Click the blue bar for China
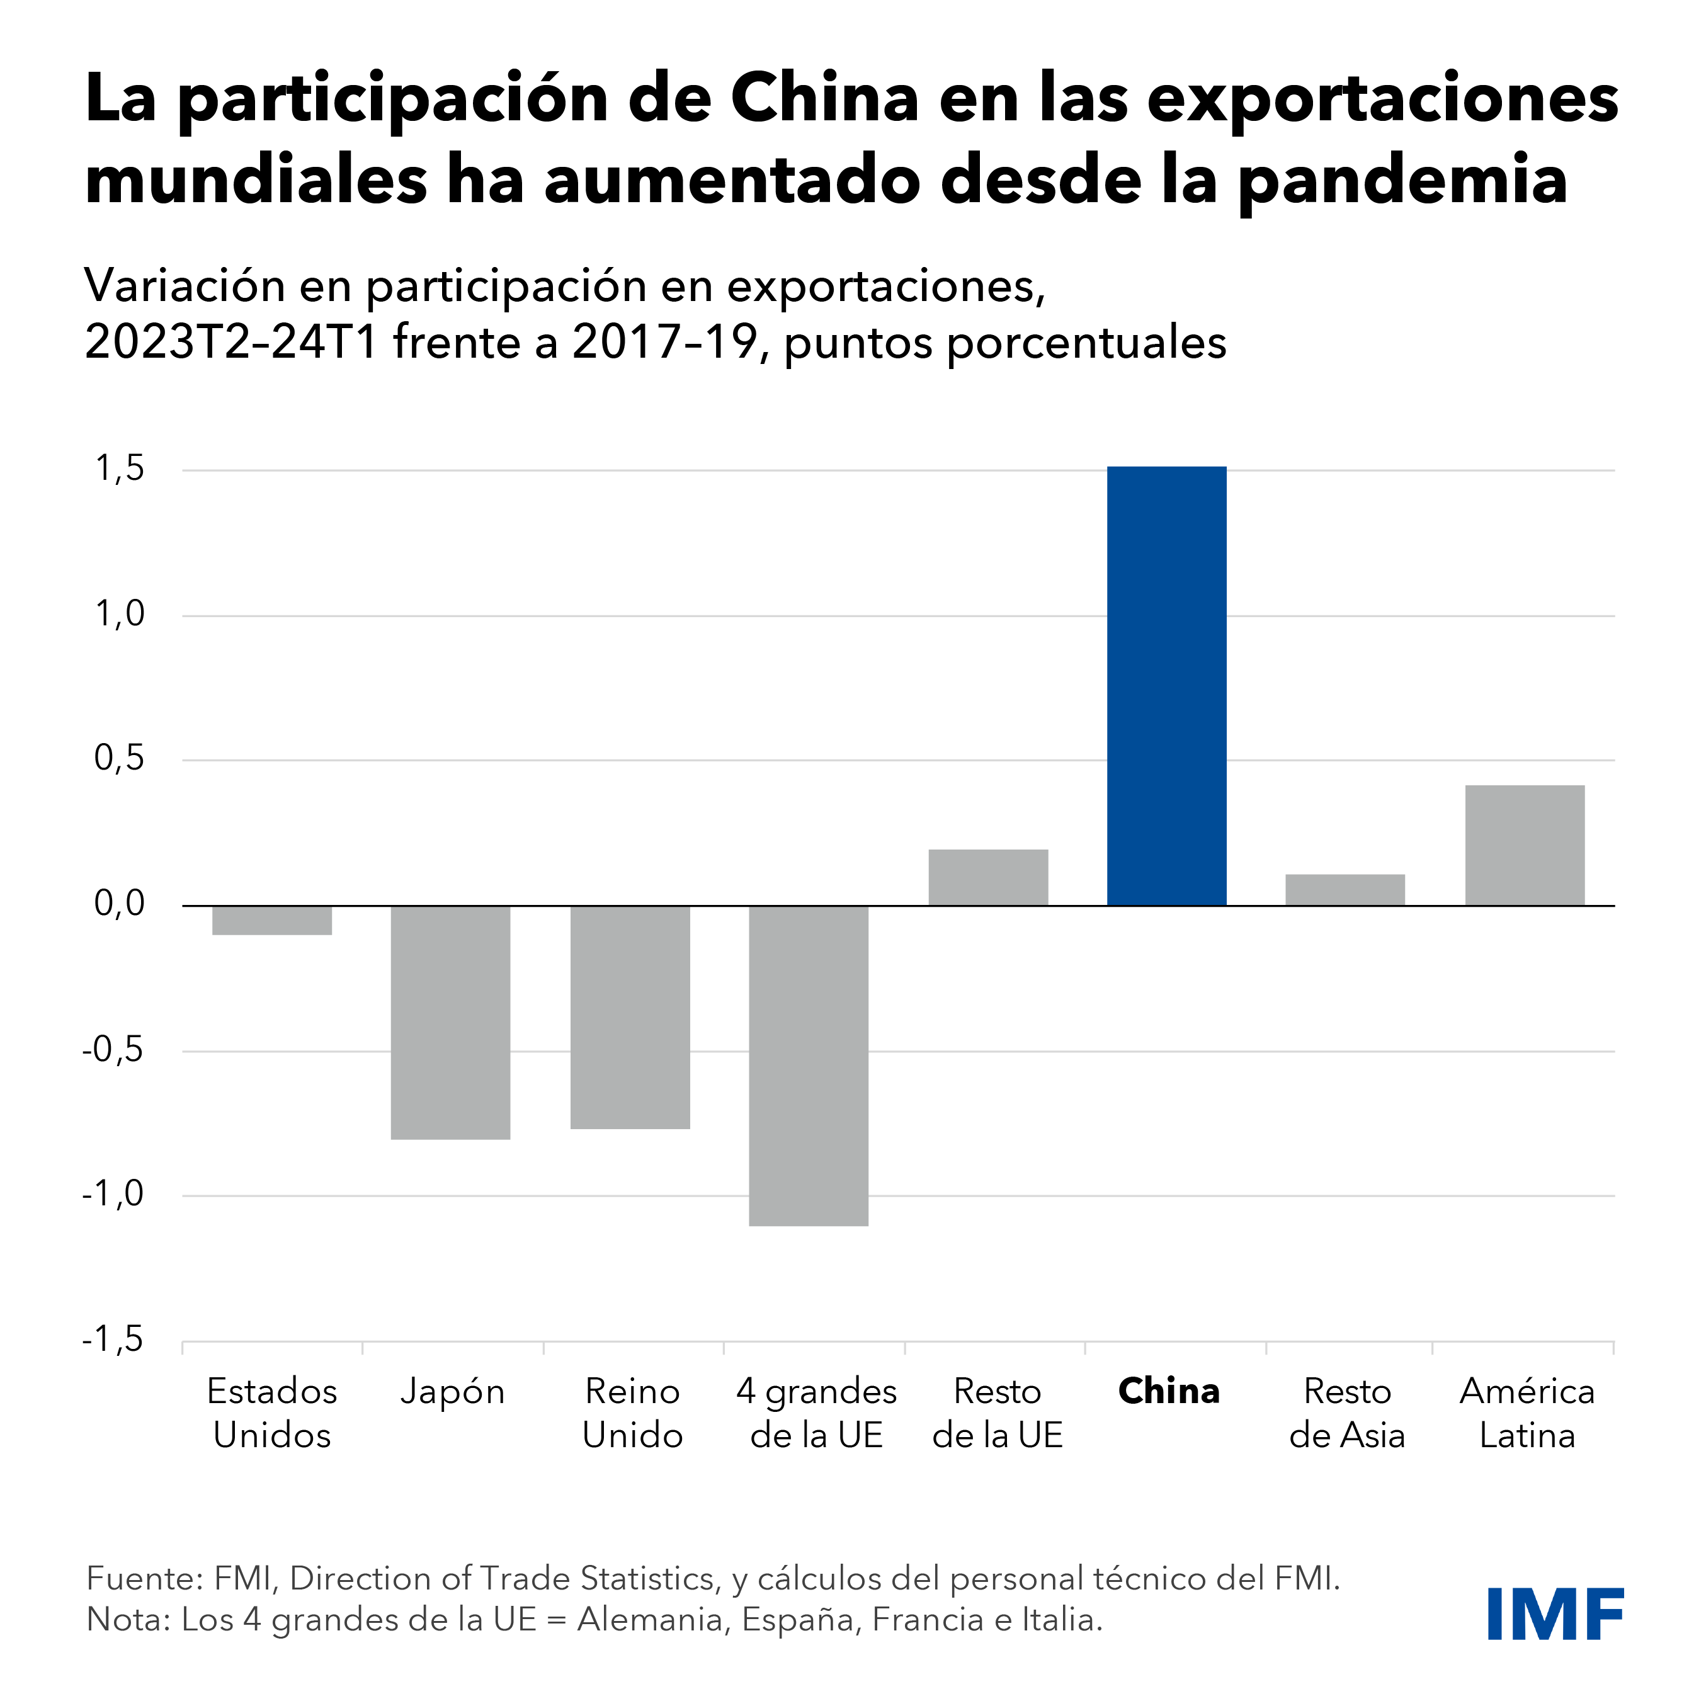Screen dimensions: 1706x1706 (x=1166, y=685)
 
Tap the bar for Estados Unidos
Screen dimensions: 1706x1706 (x=272, y=920)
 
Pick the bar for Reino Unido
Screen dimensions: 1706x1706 (x=630, y=1016)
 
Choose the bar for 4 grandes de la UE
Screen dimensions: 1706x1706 (x=808, y=1065)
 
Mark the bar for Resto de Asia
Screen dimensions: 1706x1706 (x=1345, y=889)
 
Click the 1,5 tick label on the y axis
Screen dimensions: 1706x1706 (x=119, y=469)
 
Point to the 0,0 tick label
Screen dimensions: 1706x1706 (x=119, y=904)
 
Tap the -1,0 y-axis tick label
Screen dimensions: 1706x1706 (x=113, y=1194)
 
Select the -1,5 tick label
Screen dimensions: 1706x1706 (x=113, y=1339)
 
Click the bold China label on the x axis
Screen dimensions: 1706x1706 (x=1168, y=1392)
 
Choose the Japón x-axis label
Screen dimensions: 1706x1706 (x=452, y=1392)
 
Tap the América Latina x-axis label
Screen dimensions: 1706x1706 (x=1527, y=1413)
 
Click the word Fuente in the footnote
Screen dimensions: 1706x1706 (x=140, y=1578)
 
